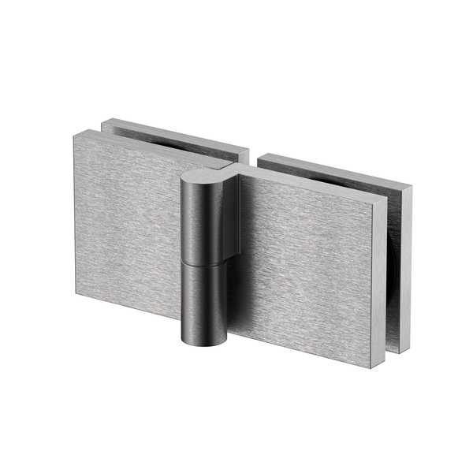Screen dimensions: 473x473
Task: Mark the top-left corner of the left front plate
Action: click(x=76, y=136)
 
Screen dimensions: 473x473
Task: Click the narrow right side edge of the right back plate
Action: click(x=405, y=268)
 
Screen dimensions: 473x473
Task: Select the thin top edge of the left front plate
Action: click(x=150, y=147)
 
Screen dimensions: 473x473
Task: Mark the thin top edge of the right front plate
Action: click(x=315, y=182)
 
